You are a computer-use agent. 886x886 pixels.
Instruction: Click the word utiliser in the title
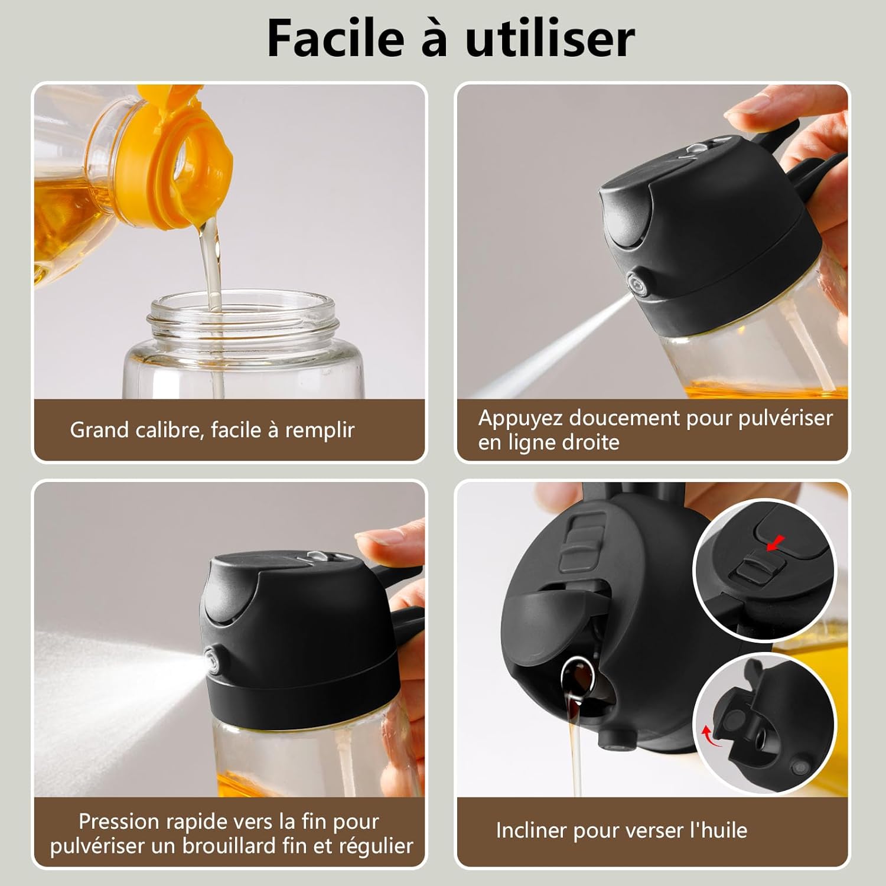549,38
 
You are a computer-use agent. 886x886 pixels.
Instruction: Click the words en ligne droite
549,442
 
